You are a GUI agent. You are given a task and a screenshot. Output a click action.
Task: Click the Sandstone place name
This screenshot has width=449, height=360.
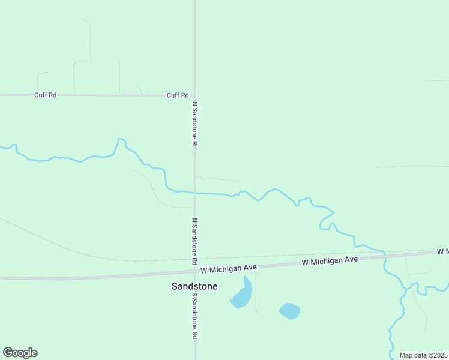click(x=194, y=286)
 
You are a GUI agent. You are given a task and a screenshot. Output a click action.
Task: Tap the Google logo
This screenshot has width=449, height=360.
click(x=20, y=353)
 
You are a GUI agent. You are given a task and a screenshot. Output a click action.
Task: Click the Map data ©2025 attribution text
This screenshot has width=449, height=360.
click(x=423, y=355)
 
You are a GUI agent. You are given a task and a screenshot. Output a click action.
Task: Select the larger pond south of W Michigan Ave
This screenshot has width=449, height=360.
click(x=241, y=295)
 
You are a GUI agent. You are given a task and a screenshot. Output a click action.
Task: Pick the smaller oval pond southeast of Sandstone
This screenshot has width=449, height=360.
click(x=289, y=311)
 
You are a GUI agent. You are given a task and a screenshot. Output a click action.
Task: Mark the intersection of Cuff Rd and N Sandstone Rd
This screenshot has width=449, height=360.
click(x=194, y=95)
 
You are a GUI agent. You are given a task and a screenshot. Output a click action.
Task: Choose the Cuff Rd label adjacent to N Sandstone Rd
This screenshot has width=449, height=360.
click(x=178, y=95)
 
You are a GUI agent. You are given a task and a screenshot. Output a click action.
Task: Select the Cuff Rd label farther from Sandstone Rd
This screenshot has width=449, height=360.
click(x=45, y=95)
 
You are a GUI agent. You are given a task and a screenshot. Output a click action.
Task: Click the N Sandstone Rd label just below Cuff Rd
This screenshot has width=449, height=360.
click(x=194, y=125)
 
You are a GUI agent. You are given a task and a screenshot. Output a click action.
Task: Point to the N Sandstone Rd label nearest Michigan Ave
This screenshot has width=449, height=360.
click(x=194, y=241)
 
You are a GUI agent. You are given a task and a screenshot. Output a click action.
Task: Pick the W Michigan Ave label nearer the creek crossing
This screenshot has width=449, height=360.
click(x=330, y=260)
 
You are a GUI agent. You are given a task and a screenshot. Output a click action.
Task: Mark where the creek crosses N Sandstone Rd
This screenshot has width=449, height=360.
click(x=194, y=193)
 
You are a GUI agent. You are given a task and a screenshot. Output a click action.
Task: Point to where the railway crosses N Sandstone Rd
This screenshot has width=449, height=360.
click(x=194, y=260)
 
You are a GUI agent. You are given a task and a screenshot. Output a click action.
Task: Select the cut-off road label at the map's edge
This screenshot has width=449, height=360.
click(x=442, y=250)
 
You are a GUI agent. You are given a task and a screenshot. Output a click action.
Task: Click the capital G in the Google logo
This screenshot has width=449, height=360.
click(x=8, y=353)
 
